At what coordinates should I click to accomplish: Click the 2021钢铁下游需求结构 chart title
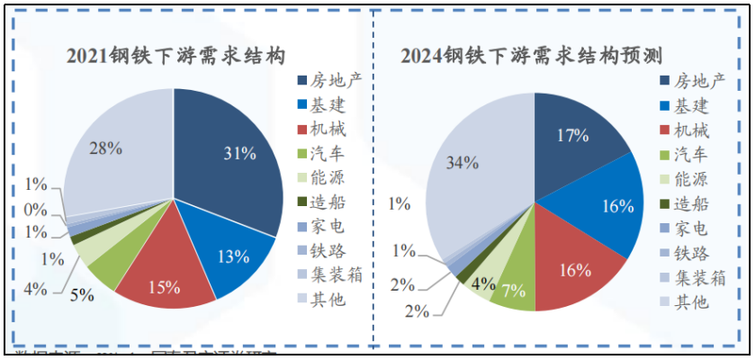point(176,56)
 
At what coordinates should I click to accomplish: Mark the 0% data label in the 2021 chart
point(36,209)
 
